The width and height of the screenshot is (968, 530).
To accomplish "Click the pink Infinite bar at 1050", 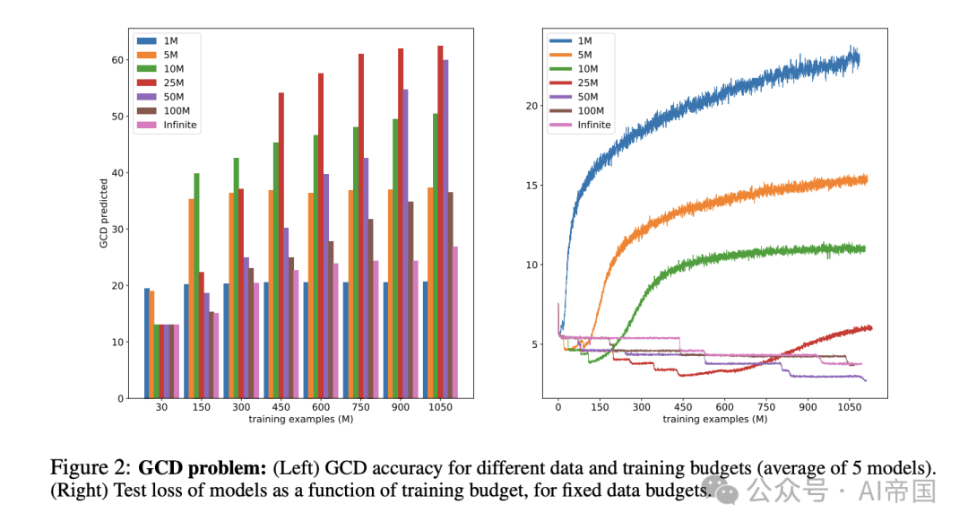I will (x=456, y=322).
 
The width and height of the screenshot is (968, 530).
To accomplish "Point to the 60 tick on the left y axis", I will (x=117, y=60).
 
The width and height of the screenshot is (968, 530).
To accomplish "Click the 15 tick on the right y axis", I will (x=532, y=186).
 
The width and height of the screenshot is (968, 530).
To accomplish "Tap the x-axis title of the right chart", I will (x=714, y=419).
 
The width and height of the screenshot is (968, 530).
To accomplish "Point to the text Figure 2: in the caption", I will (x=90, y=468).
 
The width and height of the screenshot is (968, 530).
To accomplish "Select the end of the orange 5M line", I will (x=866, y=179).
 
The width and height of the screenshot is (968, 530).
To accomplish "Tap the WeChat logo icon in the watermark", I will (x=728, y=490).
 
